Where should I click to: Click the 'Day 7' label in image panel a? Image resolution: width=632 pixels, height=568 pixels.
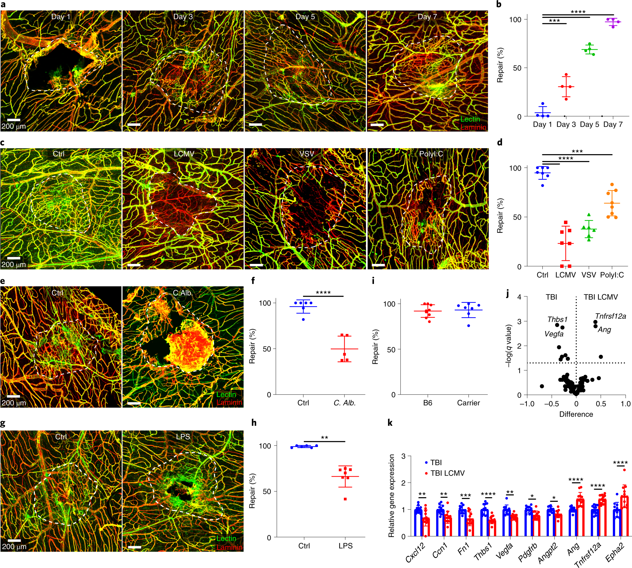point(427,17)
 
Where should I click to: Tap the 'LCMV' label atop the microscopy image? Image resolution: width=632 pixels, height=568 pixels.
point(184,154)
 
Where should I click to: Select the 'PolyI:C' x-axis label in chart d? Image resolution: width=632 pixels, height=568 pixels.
point(612,275)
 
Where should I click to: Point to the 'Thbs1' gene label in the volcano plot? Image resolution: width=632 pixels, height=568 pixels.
point(558,319)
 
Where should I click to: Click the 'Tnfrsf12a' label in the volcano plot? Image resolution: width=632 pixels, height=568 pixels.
point(610,316)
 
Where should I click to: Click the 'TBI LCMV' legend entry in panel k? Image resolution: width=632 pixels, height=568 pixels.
point(447,473)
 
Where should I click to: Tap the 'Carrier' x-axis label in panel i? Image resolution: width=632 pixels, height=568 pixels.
point(468,403)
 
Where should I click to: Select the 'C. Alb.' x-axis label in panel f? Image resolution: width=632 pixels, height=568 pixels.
point(344,403)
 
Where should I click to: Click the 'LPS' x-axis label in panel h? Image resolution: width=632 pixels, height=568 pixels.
point(345,546)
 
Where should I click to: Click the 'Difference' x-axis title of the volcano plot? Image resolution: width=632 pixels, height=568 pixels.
point(576,414)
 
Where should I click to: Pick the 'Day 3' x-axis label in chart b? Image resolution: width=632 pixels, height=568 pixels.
point(566,125)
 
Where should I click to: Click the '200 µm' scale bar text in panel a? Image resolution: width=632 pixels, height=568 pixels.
point(13,126)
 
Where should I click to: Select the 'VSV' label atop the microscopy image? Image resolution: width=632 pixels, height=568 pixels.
point(306,154)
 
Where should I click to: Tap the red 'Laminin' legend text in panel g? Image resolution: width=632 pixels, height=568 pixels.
point(229,547)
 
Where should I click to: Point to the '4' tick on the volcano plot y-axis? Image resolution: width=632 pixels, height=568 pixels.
point(519,297)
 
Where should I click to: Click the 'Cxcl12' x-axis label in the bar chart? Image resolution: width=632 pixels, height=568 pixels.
point(415,552)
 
